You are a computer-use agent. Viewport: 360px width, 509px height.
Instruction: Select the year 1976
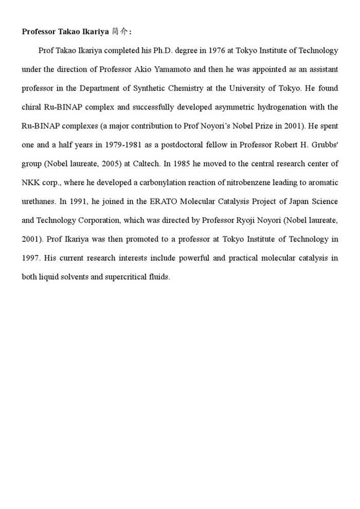(x=219, y=50)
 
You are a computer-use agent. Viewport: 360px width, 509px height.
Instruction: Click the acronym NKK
(x=31, y=183)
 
